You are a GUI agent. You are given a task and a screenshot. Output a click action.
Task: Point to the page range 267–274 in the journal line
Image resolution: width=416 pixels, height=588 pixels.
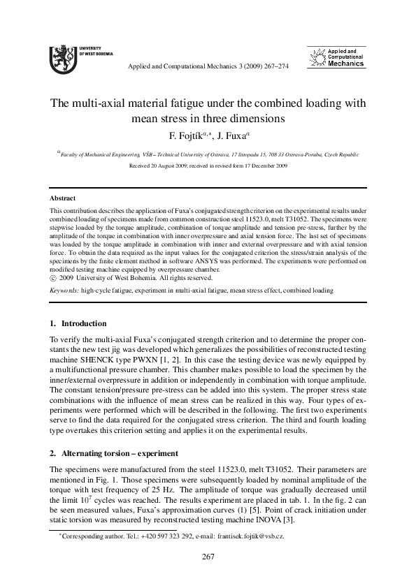(272, 66)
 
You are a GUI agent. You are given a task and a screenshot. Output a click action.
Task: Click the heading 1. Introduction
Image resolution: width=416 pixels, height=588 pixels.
(78, 323)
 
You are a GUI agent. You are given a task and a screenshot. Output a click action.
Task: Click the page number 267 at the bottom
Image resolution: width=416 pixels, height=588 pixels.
(208, 557)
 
